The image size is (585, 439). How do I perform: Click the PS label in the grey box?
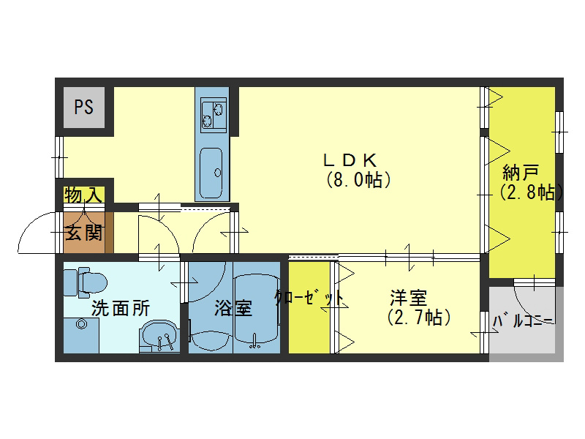83,108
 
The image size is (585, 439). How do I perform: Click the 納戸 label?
521,173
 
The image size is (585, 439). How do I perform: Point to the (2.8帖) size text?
531,192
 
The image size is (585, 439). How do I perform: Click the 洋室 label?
408,299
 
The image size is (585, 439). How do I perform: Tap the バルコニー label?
524,321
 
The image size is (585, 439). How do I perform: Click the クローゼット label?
309,299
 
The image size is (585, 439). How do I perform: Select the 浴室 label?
233,308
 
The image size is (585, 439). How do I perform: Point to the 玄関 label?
84,233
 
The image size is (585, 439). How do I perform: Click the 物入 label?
83,195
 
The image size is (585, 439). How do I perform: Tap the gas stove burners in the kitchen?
212,112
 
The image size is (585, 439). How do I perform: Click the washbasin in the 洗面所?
159,337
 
